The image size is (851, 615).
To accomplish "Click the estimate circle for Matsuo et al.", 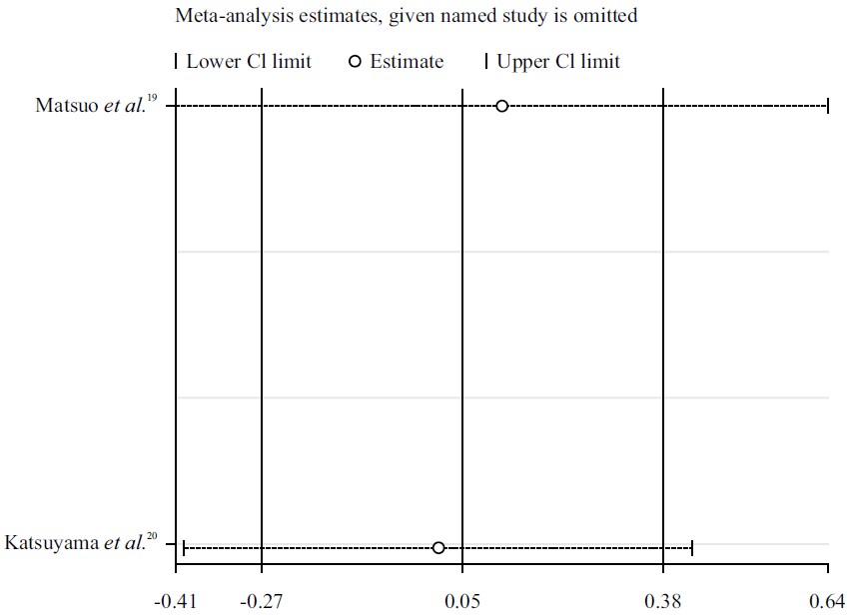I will pos(501,106).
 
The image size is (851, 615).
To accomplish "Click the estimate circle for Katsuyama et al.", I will pos(438,547).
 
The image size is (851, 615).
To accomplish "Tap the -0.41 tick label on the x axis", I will pos(175,601).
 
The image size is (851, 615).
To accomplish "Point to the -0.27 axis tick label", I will pos(261,601).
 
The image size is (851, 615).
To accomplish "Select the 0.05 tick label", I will pos(462,601).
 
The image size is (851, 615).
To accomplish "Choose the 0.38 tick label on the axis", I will pos(663,601).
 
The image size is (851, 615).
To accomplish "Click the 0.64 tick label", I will pos(827,601).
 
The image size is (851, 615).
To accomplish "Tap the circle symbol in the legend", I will pos(355,62).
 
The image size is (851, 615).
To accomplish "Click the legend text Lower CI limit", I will pos(249,62).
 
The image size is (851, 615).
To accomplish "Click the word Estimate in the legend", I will pos(407,62).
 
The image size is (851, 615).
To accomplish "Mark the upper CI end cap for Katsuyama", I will pos(691,547).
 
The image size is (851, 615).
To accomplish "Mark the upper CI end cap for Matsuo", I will pos(827,106).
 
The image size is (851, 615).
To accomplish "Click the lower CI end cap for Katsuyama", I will pos(184,547).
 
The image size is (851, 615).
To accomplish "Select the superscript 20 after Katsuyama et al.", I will pos(152,538).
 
